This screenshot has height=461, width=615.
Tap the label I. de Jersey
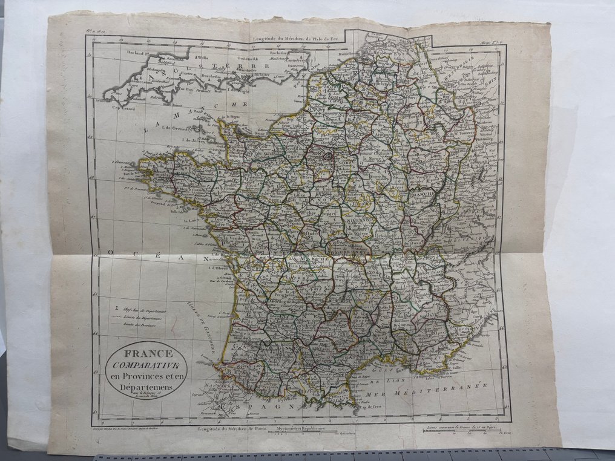[x=196, y=140]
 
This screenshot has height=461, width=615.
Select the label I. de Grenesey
[x=192, y=129]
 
